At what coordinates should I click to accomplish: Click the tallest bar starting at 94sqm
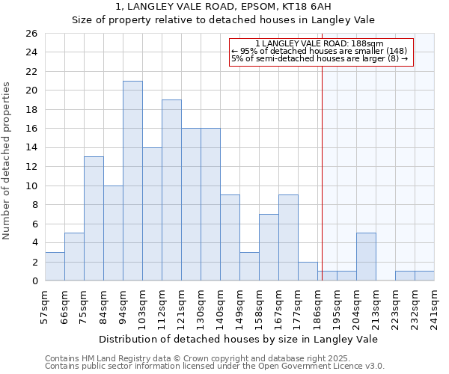pyautogui.click(x=132, y=181)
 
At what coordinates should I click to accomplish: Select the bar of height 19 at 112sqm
pyautogui.click(x=171, y=190)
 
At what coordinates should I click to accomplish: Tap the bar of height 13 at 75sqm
pyautogui.click(x=94, y=218)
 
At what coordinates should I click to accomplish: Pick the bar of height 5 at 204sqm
pyautogui.click(x=366, y=257)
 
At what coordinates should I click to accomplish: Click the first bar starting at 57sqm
pyautogui.click(x=55, y=266)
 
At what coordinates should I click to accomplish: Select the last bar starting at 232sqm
pyautogui.click(x=424, y=276)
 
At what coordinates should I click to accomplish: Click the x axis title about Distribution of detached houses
pyautogui.click(x=238, y=339)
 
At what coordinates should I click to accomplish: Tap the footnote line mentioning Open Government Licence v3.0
pyautogui.click(x=215, y=367)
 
